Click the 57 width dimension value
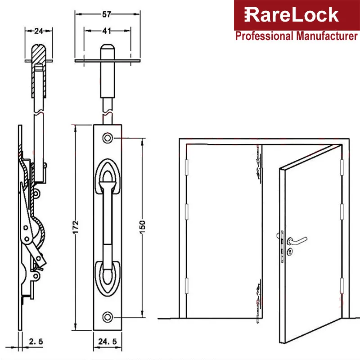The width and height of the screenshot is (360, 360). (107, 14)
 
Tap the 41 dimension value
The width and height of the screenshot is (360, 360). (107, 31)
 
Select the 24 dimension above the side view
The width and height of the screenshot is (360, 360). (39, 31)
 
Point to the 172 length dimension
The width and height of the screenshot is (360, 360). (76, 227)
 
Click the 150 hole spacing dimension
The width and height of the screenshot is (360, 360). (142, 227)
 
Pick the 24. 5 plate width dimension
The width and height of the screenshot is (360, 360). (108, 342)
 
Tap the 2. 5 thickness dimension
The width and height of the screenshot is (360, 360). (36, 342)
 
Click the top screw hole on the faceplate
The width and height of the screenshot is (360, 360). (108, 138)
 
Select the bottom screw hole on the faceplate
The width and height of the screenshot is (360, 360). (108, 317)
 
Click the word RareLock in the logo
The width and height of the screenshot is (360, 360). (291, 15)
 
